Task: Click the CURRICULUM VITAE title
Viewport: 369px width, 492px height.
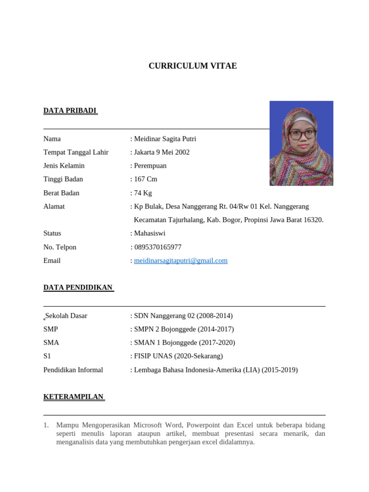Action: (193, 66)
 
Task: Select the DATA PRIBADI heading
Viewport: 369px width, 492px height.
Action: (70, 111)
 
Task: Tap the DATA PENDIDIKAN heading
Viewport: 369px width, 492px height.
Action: (78, 288)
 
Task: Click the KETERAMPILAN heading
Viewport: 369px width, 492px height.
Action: (74, 397)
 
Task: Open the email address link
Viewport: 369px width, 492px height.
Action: (181, 261)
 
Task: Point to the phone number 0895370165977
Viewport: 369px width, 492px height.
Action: (158, 247)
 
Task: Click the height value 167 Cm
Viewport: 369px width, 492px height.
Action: (146, 179)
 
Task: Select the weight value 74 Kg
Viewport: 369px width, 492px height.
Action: (143, 193)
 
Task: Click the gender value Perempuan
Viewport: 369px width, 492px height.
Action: (150, 166)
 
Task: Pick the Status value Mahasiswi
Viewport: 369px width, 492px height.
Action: (149, 234)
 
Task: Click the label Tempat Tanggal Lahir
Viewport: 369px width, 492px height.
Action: (76, 152)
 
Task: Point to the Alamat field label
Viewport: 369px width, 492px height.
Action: (54, 207)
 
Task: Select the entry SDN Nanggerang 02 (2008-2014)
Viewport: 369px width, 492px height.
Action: (183, 316)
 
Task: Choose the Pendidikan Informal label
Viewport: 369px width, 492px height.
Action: (73, 370)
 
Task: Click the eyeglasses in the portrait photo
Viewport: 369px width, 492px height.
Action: (302, 134)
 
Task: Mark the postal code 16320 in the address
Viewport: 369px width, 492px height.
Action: (313, 220)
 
